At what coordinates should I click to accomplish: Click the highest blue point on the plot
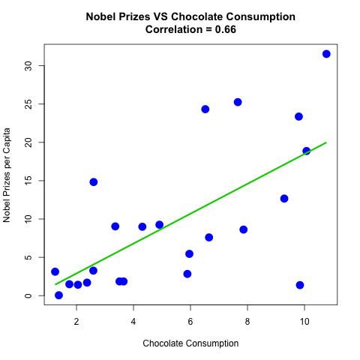click(326, 54)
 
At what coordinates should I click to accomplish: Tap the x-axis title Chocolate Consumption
click(190, 343)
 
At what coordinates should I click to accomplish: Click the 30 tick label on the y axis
click(28, 65)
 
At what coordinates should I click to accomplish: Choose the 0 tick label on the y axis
click(28, 295)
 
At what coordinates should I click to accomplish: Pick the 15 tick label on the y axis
click(28, 181)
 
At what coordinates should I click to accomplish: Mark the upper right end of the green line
click(326, 142)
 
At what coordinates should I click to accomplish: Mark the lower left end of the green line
click(55, 284)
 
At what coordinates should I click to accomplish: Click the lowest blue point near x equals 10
click(300, 285)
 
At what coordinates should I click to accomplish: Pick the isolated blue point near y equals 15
click(94, 181)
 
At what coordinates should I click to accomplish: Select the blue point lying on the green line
click(307, 151)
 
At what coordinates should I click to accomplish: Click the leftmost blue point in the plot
click(55, 271)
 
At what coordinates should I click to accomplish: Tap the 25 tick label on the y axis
click(28, 103)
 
